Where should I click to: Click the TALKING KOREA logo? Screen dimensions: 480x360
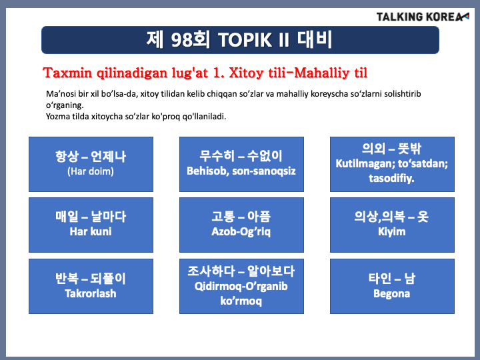coord(423,17)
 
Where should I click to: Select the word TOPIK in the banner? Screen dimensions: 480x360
coord(245,40)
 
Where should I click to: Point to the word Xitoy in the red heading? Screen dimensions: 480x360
coord(246,73)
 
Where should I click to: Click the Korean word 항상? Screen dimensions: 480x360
coord(67,156)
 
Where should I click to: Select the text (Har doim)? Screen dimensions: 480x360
coord(91,171)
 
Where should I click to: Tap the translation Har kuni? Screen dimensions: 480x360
coord(91,231)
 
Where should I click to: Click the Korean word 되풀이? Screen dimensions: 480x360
coord(108,278)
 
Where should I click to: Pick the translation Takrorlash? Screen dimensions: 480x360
coord(91,293)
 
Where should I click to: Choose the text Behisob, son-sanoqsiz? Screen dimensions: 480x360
coord(241,171)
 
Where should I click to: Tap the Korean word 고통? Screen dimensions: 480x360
coord(223,217)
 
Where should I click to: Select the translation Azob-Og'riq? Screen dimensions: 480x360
coord(241,232)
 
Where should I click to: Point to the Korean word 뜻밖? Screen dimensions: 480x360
coord(409,149)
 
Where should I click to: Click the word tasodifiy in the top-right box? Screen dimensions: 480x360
coord(391,178)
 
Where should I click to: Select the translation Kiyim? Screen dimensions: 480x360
coord(392,232)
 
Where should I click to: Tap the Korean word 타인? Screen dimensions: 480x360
coord(380,278)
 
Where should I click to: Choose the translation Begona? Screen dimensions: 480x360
coord(391,293)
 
